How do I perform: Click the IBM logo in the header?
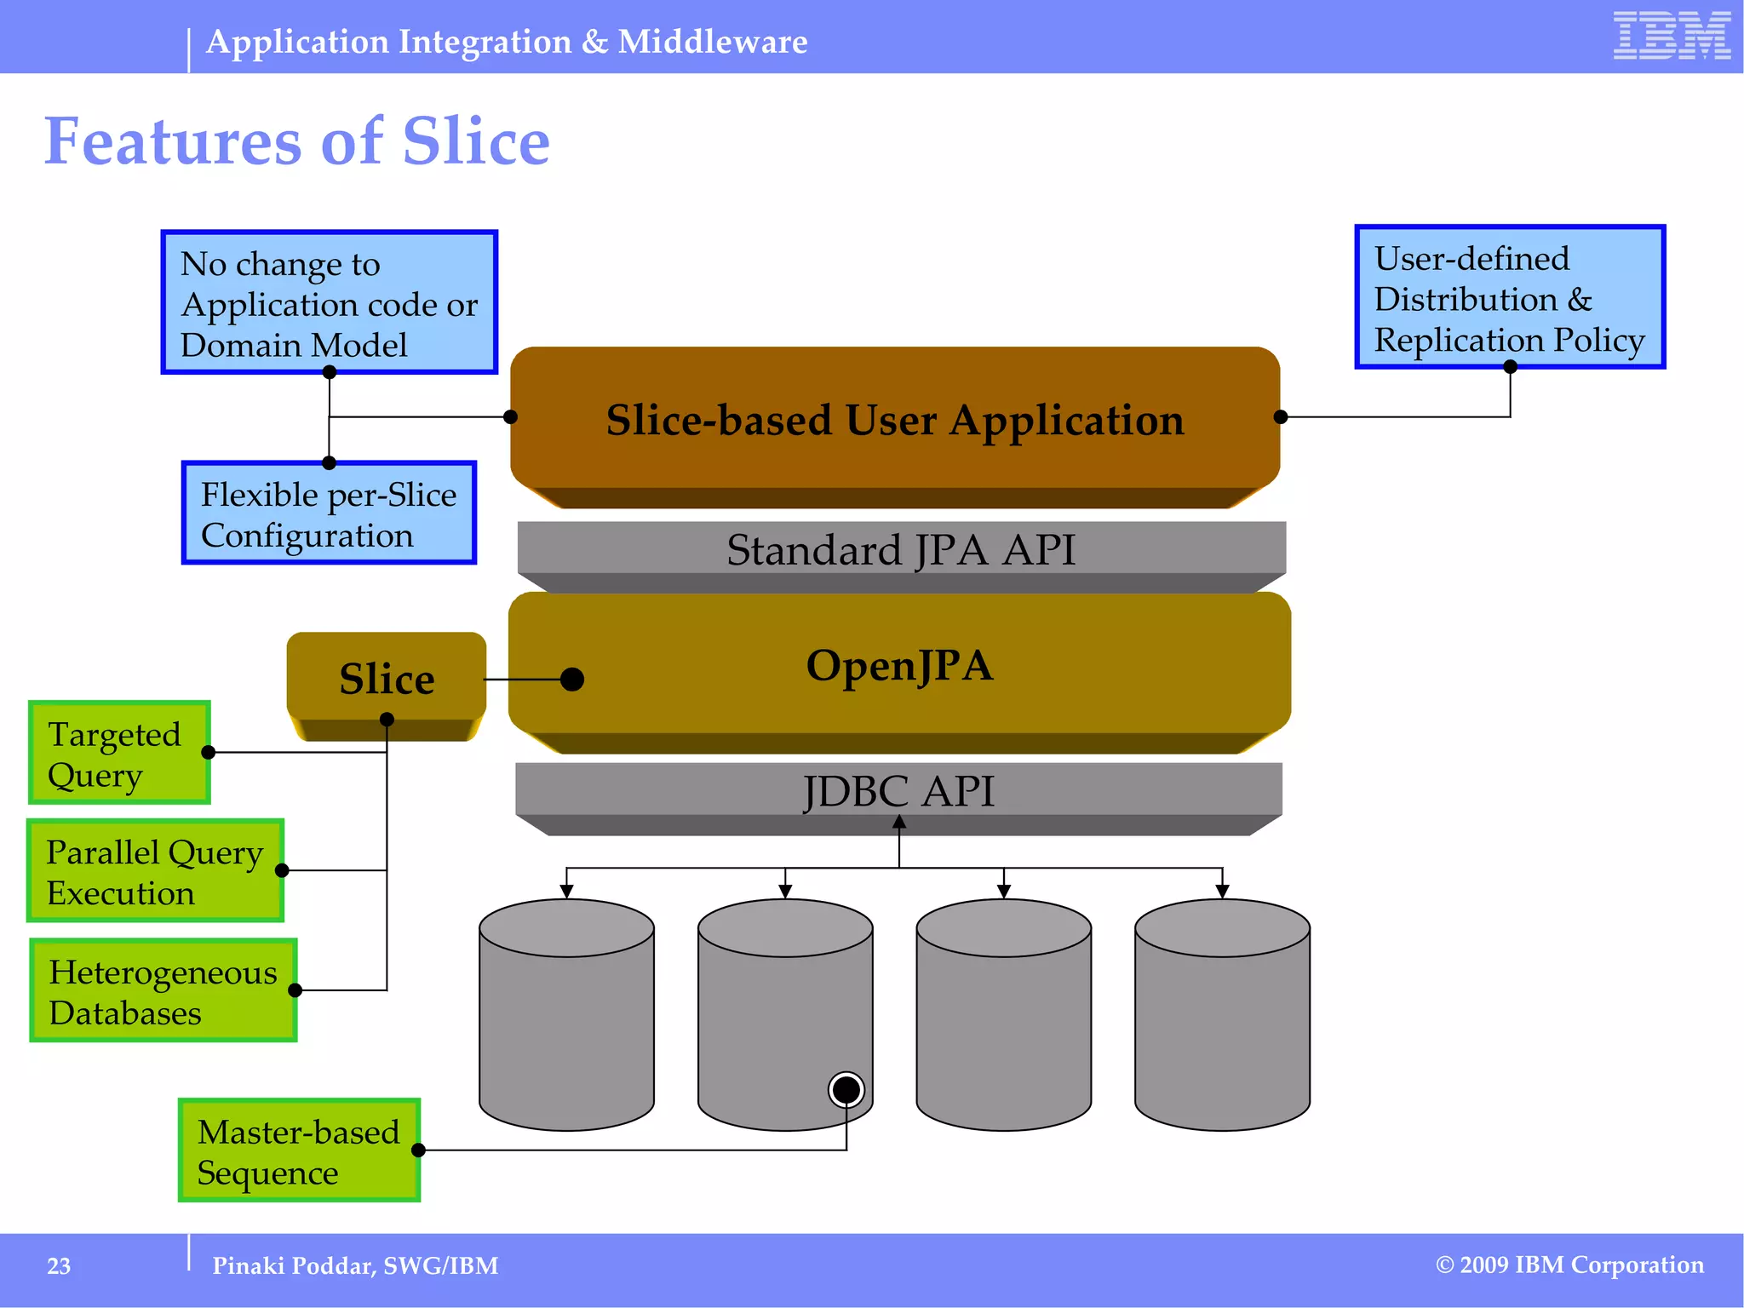1671,36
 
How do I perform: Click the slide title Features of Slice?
296,141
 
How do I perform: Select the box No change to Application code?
329,302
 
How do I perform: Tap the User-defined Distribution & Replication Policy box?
1509,297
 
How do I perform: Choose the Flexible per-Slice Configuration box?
329,513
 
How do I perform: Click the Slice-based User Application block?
894,421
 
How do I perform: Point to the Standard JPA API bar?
901,550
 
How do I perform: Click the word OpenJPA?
899,665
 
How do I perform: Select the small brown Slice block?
387,679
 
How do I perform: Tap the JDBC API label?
898,791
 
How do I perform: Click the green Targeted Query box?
119,753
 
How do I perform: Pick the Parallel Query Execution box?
155,871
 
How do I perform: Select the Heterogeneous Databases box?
163,991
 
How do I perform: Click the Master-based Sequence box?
299,1150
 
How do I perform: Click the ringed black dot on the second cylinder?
846,1089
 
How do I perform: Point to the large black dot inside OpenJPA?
572,680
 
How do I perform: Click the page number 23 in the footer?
59,1266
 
